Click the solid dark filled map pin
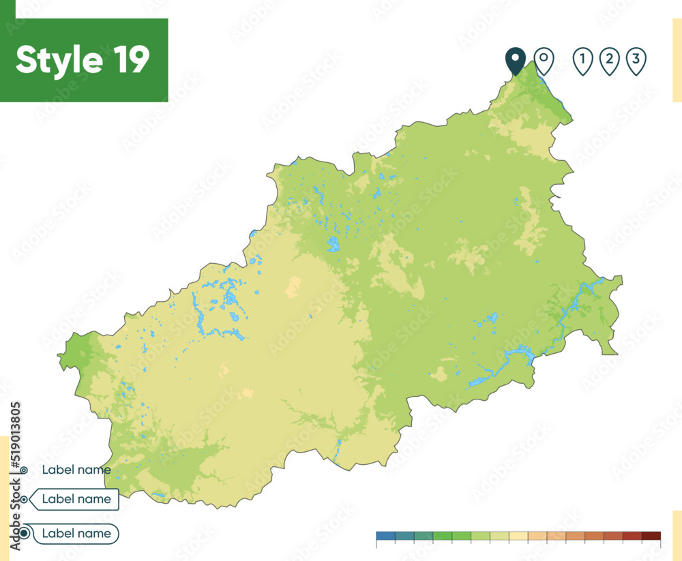(x=515, y=60)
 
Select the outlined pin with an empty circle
(x=543, y=60)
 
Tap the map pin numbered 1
(x=582, y=60)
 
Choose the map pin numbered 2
(x=609, y=60)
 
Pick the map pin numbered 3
(x=636, y=60)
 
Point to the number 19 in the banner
(x=128, y=60)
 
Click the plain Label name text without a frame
(x=76, y=469)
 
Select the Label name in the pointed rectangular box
(x=76, y=499)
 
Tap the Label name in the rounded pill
(x=76, y=533)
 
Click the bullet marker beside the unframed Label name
(x=25, y=470)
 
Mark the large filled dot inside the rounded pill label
(x=25, y=533)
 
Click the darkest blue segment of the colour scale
(x=385, y=535)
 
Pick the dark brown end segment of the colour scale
(x=651, y=535)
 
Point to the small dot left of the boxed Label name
(x=24, y=500)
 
